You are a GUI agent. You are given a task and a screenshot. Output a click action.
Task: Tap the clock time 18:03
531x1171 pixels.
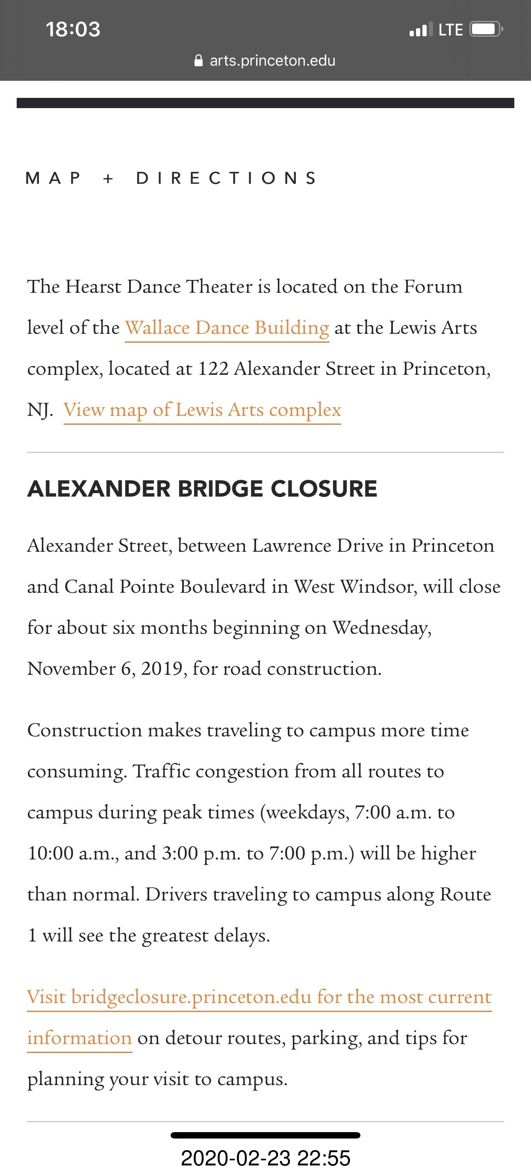[x=73, y=29]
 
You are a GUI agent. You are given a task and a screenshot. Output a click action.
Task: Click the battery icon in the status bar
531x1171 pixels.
[x=485, y=29]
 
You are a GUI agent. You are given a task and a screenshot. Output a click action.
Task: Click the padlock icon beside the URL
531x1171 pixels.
[x=199, y=60]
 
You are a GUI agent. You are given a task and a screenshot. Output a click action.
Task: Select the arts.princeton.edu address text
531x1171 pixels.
[x=272, y=60]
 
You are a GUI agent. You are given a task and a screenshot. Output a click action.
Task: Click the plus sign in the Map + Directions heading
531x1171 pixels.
[x=108, y=178]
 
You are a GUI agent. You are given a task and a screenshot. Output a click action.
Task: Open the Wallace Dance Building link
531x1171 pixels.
[x=227, y=328]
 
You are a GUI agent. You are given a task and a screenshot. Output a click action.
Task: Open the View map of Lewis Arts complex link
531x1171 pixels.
[x=202, y=410]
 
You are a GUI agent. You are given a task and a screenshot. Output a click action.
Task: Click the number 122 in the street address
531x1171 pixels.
[x=213, y=369]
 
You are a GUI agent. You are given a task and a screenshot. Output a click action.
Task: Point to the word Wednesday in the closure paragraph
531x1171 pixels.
[x=381, y=628]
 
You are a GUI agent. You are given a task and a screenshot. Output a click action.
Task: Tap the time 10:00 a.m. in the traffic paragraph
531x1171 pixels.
[x=73, y=853]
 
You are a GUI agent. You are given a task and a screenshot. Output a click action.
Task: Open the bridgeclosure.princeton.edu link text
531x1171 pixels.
[x=191, y=997]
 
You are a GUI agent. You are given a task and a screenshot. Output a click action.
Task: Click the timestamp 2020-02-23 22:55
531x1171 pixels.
[x=265, y=1158]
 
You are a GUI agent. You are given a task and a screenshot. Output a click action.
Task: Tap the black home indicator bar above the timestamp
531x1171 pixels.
[x=265, y=1135]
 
